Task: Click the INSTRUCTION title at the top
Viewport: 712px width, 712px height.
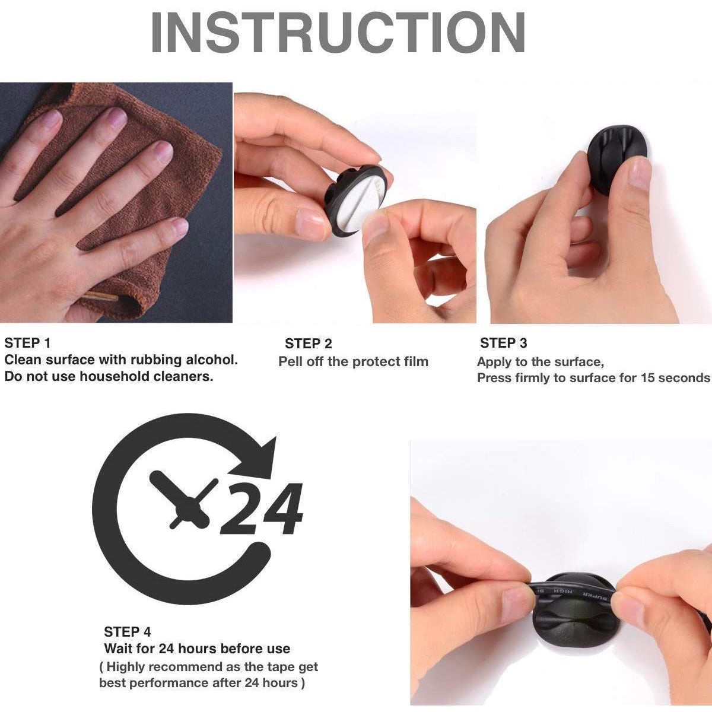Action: pos(338,32)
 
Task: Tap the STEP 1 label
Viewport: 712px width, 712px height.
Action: pos(27,344)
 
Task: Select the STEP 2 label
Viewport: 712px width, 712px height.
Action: pos(309,344)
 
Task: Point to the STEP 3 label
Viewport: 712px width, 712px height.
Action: pos(504,343)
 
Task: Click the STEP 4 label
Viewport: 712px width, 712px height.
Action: pos(128,632)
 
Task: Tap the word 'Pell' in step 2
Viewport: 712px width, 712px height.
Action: pos(291,361)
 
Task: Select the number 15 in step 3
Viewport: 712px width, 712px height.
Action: pos(648,377)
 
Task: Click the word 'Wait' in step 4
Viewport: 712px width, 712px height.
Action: pos(117,649)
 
